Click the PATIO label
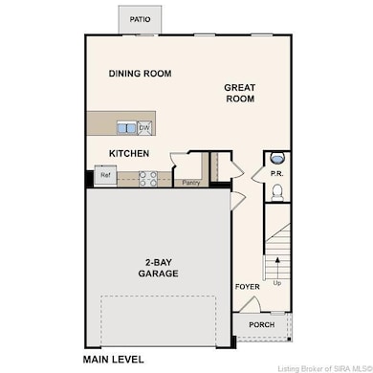click(x=140, y=19)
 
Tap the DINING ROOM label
click(x=140, y=74)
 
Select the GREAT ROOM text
click(x=240, y=93)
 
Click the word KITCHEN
click(x=129, y=154)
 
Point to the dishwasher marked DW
click(x=144, y=128)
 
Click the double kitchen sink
click(x=127, y=128)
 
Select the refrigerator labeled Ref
click(x=105, y=175)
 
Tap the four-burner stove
click(x=148, y=179)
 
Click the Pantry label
click(x=191, y=183)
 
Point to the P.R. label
click(x=276, y=174)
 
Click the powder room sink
click(x=277, y=158)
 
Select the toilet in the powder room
click(x=277, y=192)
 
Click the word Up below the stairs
click(x=277, y=283)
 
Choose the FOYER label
click(x=248, y=287)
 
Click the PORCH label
click(x=262, y=325)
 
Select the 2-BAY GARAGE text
click(x=158, y=268)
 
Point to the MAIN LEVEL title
click(x=113, y=360)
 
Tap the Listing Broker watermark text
click(x=325, y=369)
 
